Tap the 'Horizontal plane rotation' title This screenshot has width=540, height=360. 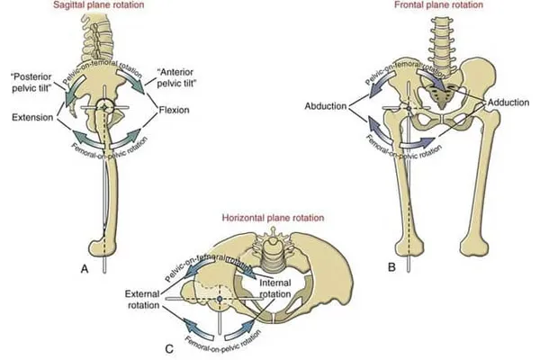pos(272,218)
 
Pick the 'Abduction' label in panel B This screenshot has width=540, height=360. pos(328,102)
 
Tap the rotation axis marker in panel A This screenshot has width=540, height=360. pos(106,107)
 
